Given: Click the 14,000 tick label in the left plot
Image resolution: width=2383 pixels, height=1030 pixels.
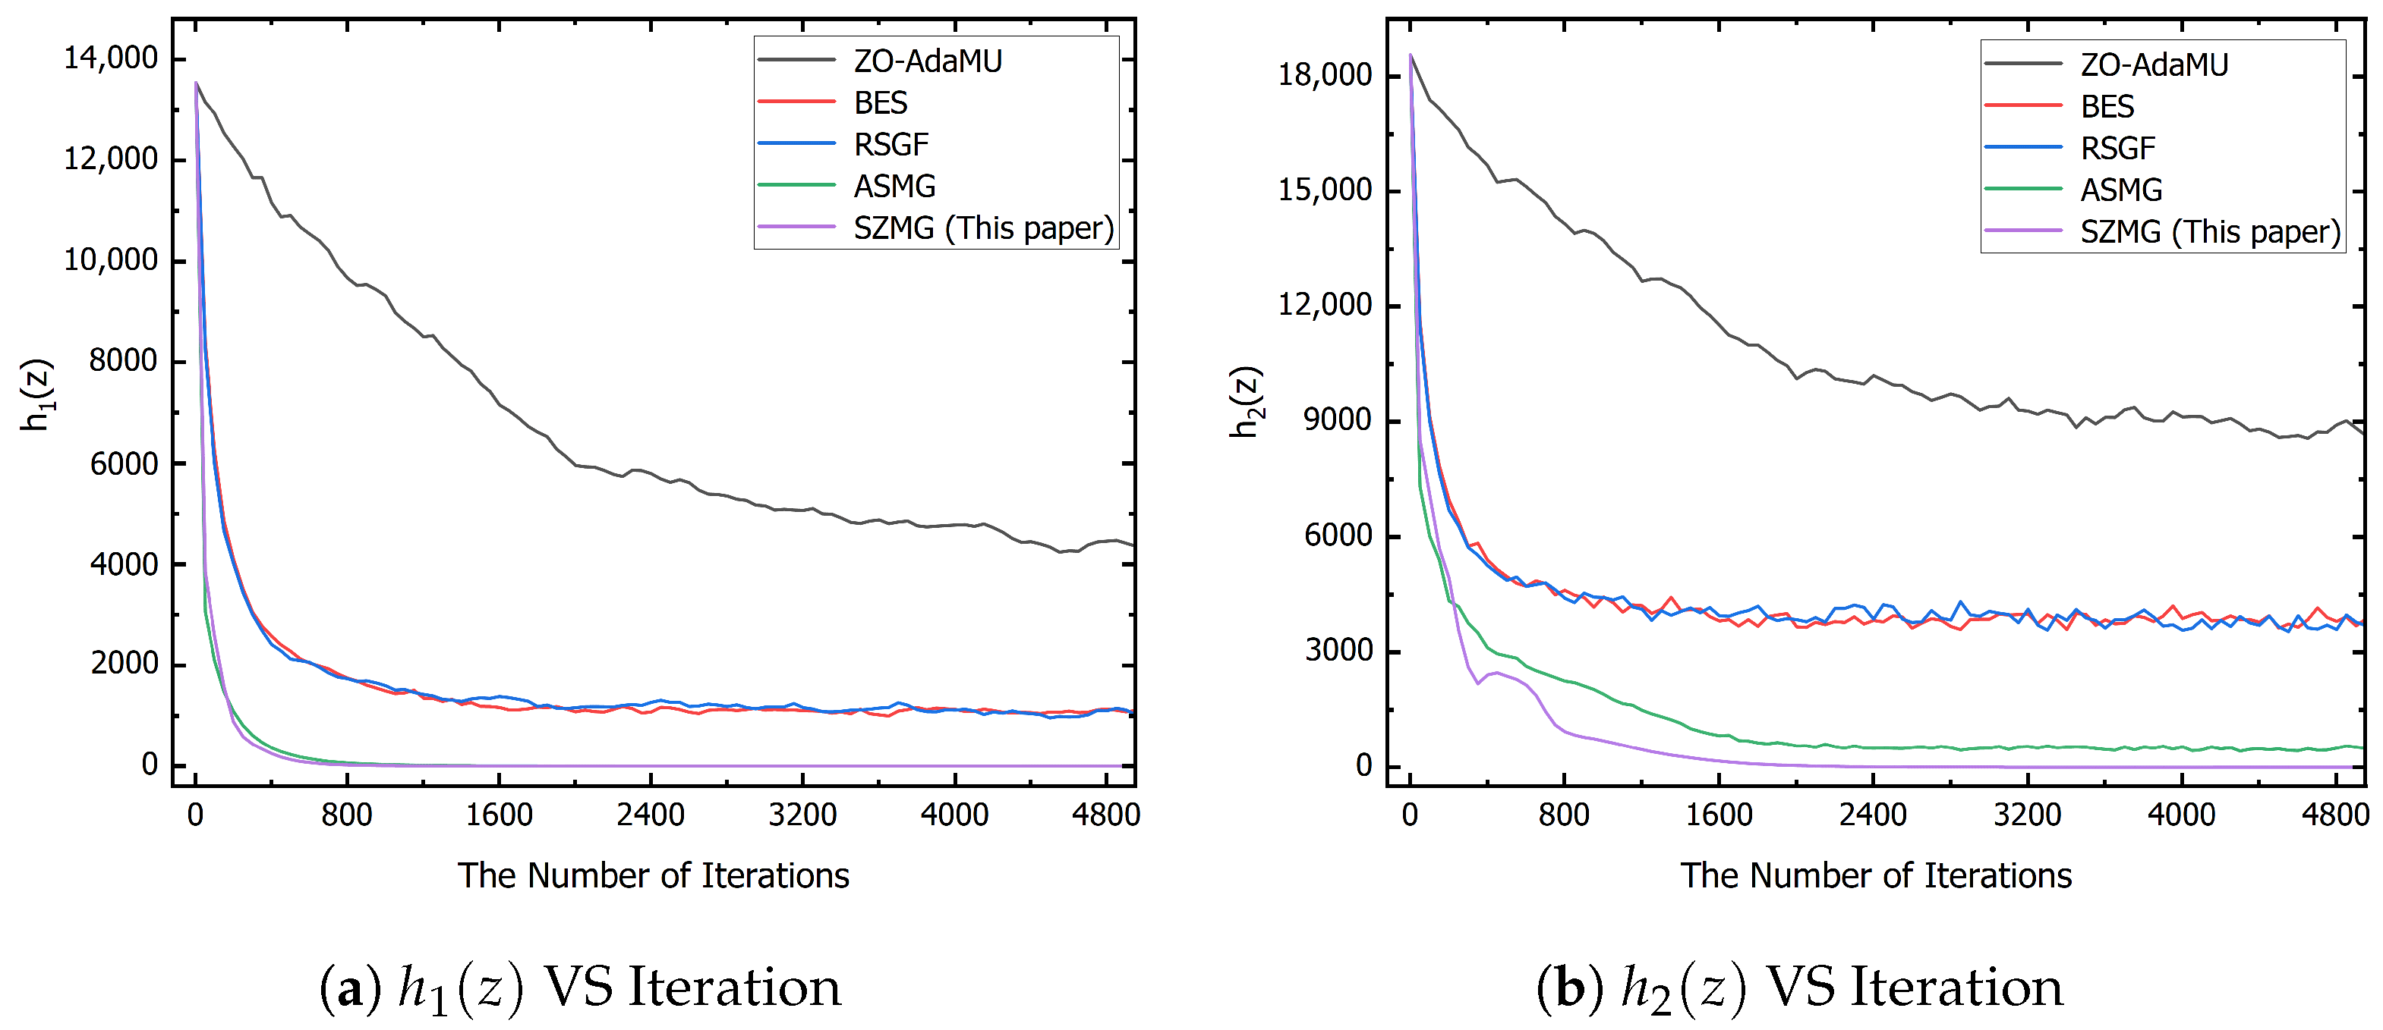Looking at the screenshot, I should (x=110, y=59).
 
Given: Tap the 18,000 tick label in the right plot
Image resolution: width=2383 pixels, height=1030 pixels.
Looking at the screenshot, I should (x=1325, y=75).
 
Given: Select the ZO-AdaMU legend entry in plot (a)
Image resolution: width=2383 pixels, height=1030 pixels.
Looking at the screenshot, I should (x=927, y=61).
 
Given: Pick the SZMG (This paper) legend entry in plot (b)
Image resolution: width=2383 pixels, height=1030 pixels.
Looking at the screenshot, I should (x=2210, y=231).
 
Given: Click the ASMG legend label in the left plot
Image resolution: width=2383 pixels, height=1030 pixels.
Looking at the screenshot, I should (x=894, y=186).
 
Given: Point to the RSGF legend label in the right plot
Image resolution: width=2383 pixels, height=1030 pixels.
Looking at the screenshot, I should (x=2117, y=148).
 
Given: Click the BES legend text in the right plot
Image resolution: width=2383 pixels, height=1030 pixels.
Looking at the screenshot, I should (x=2107, y=106).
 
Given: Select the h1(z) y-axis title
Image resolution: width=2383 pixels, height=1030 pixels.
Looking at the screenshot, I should (x=38, y=395).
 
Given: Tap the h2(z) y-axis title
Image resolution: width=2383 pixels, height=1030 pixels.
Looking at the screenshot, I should (x=1246, y=402).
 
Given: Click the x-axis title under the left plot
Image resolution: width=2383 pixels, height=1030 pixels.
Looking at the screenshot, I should (x=653, y=875).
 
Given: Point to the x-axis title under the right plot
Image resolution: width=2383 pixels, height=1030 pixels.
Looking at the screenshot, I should (x=1875, y=875).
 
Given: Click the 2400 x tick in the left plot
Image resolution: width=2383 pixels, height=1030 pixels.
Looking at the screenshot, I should (x=651, y=815).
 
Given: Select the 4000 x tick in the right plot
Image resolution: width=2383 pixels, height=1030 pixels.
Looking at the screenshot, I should (x=2180, y=815).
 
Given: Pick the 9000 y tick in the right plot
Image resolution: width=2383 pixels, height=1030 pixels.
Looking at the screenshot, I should (x=1337, y=421).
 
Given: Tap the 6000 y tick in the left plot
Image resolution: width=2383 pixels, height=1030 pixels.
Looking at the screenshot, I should (x=123, y=463).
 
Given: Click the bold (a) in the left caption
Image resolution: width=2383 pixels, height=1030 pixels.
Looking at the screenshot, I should (x=350, y=988).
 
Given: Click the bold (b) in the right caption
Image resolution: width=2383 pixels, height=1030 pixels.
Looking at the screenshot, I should (x=1570, y=988).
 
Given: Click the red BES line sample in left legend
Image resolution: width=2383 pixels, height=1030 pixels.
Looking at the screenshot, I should (x=796, y=102).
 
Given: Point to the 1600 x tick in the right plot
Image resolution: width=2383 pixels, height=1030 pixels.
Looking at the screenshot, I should (x=1718, y=815).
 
